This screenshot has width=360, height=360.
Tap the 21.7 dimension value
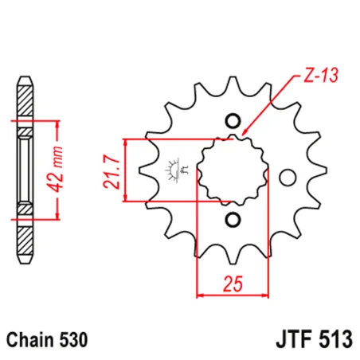tap(112, 170)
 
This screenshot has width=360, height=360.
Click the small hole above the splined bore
tap(233, 121)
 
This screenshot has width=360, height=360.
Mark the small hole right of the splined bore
tap(289, 176)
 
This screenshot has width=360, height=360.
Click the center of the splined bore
tap(232, 169)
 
